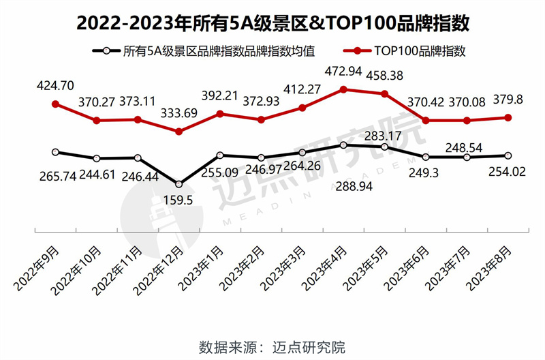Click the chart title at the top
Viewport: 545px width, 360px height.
click(x=272, y=22)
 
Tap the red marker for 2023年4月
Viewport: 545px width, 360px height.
click(x=344, y=89)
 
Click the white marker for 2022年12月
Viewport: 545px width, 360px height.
click(x=179, y=183)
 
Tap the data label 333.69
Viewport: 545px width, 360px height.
click(x=179, y=113)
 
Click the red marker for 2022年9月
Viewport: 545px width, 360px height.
click(x=56, y=104)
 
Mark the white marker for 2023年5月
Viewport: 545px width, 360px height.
click(x=385, y=147)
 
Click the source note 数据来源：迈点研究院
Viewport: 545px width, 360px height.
click(x=272, y=346)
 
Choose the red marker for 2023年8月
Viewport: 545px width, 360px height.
click(x=508, y=117)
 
